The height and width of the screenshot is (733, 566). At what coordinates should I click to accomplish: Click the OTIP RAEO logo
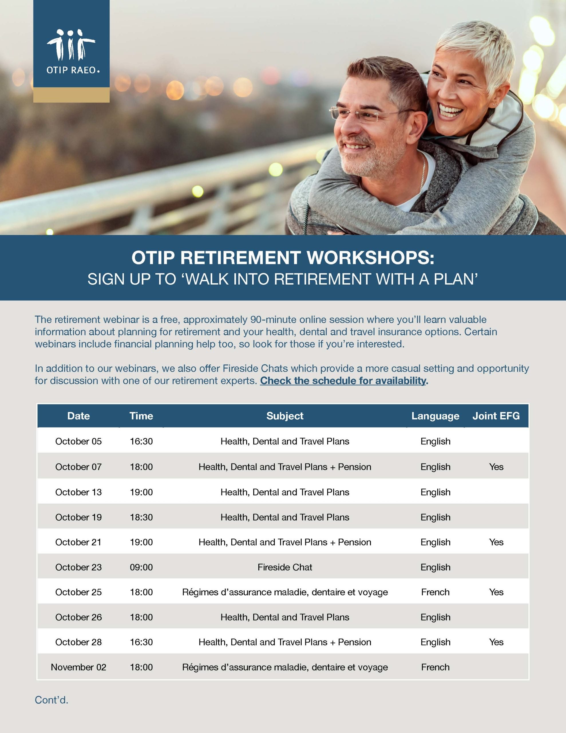tap(72, 51)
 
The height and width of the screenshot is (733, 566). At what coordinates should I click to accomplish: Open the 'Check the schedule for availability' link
tap(343, 381)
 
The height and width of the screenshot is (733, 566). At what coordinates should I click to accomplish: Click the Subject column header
tap(284, 416)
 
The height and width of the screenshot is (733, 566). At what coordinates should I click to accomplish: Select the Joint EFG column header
tap(496, 416)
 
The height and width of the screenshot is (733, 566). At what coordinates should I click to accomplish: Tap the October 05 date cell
tap(78, 441)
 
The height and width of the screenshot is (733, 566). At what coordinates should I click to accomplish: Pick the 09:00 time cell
tap(141, 567)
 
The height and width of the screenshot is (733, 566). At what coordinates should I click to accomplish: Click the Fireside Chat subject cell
tap(284, 567)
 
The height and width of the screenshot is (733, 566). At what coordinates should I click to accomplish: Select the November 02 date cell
tap(78, 667)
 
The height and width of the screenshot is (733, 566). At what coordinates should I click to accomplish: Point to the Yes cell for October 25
tap(496, 592)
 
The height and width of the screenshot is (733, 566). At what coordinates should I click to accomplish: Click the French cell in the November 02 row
tap(435, 667)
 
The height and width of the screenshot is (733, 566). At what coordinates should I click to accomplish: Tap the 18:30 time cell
tap(141, 517)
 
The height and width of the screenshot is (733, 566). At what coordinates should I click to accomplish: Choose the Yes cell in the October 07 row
tap(496, 467)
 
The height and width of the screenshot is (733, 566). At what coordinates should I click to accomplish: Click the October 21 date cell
tap(78, 542)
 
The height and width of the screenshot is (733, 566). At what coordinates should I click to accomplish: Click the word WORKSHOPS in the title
tap(370, 258)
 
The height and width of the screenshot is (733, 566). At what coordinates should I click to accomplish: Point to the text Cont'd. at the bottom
tap(51, 700)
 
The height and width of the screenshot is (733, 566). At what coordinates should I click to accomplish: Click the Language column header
tap(435, 416)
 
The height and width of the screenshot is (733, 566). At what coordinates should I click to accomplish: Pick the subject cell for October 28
tap(284, 642)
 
